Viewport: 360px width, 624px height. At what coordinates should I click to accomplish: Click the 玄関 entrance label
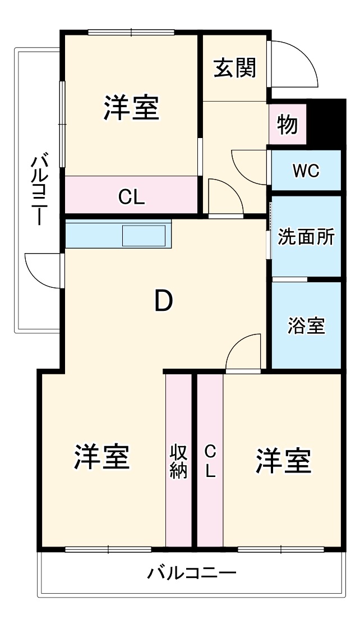coord(234,68)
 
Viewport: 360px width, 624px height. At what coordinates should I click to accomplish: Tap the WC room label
coord(306,171)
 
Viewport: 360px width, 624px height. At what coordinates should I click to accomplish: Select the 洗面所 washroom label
coord(306,237)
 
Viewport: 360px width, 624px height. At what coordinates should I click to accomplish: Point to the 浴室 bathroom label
coord(306,326)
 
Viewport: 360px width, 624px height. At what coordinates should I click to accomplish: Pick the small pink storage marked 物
coord(288,125)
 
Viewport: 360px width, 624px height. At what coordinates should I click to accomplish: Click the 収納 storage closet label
coord(178,461)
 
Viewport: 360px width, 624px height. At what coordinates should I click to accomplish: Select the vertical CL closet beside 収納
coord(210,461)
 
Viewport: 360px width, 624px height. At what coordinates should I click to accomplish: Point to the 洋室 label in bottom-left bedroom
coord(102,457)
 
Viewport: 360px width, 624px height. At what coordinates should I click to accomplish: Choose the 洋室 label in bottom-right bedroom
coord(283,461)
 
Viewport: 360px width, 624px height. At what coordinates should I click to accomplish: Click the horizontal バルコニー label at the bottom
coord(192,573)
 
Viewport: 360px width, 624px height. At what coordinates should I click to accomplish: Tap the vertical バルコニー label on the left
coord(38,190)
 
